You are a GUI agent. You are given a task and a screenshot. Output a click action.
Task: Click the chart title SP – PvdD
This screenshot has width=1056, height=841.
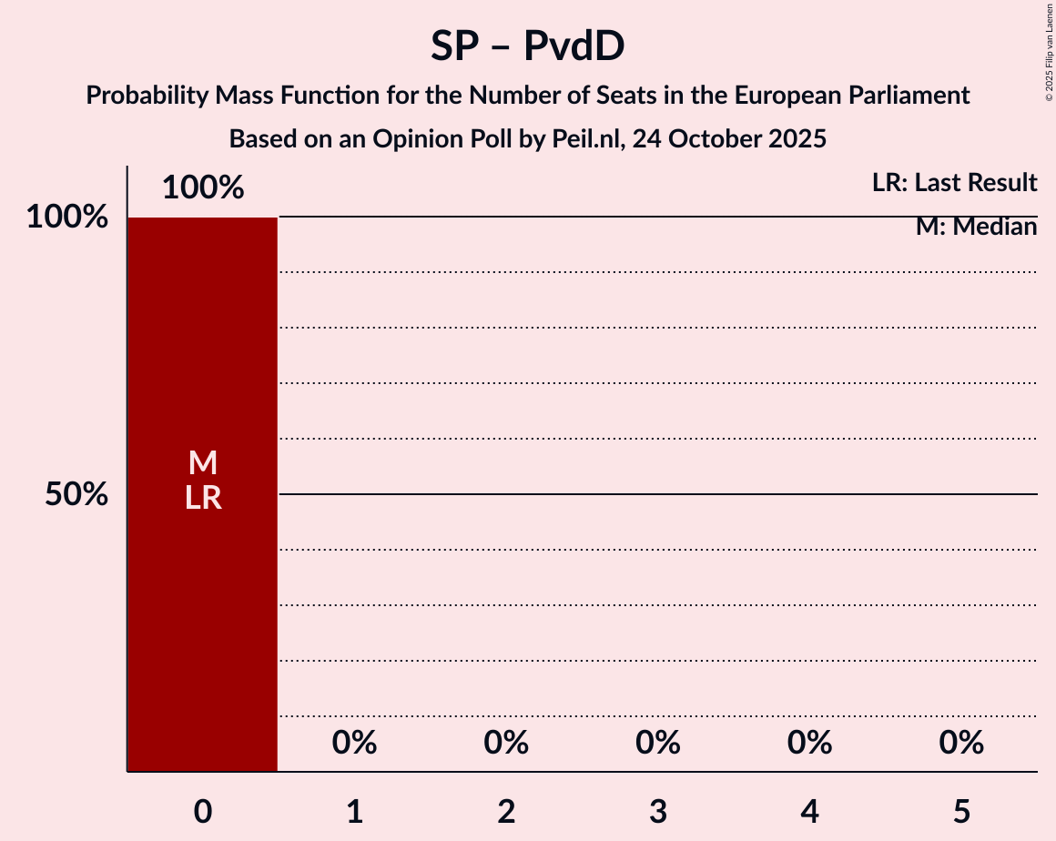pyautogui.click(x=528, y=46)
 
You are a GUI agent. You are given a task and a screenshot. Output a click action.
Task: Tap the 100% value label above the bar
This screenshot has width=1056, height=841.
pyautogui.click(x=203, y=187)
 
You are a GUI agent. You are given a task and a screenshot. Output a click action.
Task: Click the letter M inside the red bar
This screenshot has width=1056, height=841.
pyautogui.click(x=203, y=463)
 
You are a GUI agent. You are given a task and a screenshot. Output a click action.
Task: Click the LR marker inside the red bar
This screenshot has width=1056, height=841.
pyautogui.click(x=203, y=498)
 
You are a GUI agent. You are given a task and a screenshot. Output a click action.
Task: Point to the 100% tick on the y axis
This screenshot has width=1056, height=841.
pyautogui.click(x=67, y=218)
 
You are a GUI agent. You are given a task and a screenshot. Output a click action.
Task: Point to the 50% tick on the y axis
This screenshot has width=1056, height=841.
pyautogui.click(x=76, y=495)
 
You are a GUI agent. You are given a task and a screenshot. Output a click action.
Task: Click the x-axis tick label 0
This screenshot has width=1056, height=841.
pyautogui.click(x=203, y=811)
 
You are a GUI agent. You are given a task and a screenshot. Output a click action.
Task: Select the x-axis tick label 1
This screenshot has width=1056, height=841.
pyautogui.click(x=355, y=811)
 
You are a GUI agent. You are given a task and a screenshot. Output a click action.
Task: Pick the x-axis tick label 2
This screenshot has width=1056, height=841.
pyautogui.click(x=506, y=811)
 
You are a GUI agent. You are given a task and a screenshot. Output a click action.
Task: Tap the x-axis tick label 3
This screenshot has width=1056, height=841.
pyautogui.click(x=658, y=811)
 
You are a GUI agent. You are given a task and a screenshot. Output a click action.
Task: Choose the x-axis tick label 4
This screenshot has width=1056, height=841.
pyautogui.click(x=810, y=811)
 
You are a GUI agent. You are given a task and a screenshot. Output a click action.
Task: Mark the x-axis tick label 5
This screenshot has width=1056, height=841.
pyautogui.click(x=961, y=811)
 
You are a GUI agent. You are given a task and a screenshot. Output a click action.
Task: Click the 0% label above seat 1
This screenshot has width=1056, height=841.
pyautogui.click(x=355, y=744)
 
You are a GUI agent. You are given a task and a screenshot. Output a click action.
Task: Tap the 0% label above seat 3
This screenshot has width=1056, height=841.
pyautogui.click(x=658, y=744)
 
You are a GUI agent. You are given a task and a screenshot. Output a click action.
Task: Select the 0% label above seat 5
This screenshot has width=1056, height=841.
pyautogui.click(x=961, y=744)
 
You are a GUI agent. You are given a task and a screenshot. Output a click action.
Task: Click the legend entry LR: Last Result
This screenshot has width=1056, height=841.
pyautogui.click(x=954, y=183)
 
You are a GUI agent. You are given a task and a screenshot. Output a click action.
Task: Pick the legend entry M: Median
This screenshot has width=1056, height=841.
pyautogui.click(x=976, y=227)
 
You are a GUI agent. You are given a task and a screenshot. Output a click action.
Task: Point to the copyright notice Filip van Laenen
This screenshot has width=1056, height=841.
pyautogui.click(x=1049, y=51)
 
